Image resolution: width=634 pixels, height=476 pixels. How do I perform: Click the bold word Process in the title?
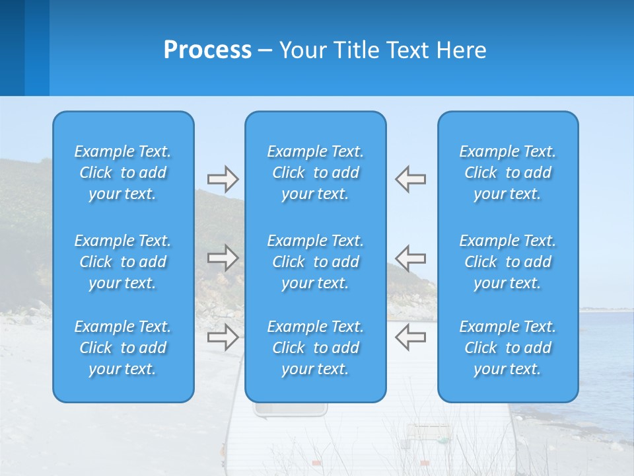[x=207, y=50]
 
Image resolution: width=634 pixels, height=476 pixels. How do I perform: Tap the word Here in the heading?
[x=461, y=50]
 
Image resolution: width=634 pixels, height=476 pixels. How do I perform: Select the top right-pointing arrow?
[x=223, y=179]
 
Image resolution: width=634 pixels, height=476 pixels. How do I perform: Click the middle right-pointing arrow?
[x=223, y=258]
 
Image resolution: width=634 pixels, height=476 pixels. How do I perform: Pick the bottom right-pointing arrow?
[x=223, y=337]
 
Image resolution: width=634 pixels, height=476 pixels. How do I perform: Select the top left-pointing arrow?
[x=411, y=179]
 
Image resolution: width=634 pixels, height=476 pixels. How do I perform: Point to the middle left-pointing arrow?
[x=411, y=258]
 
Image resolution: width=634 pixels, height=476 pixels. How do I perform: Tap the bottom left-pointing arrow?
[x=411, y=337]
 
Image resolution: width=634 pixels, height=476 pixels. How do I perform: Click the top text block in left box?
[x=123, y=173]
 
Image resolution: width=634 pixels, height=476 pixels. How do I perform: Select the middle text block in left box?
[x=123, y=262]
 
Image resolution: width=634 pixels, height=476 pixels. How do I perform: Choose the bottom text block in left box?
[x=123, y=348]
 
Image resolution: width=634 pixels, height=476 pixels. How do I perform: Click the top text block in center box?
[x=316, y=173]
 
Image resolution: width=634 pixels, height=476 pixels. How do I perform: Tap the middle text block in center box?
[x=316, y=262]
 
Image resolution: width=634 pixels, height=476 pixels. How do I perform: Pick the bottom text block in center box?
[x=316, y=348]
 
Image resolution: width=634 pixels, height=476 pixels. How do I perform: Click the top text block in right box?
[x=508, y=173]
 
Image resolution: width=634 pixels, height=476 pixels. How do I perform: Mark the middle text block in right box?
[x=508, y=262]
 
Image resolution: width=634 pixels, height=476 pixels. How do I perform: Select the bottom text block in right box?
[x=508, y=348]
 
